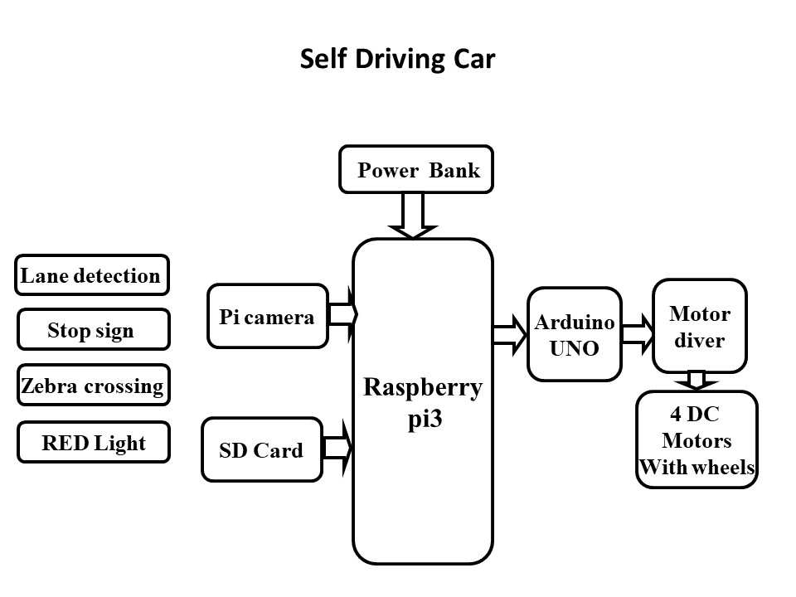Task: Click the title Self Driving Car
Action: click(397, 60)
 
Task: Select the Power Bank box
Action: click(416, 170)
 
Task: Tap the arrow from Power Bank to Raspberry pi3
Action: click(412, 216)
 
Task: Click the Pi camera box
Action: click(268, 317)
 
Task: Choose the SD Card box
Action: click(261, 450)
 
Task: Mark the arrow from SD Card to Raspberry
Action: click(337, 449)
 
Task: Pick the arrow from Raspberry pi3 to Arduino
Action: click(509, 335)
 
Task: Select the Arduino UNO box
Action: click(574, 335)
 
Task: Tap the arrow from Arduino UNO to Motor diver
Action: click(637, 334)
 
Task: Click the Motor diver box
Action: click(700, 327)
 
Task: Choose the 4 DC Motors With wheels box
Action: click(696, 440)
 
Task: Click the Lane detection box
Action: click(91, 275)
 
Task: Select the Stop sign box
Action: click(92, 331)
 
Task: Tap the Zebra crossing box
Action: click(93, 386)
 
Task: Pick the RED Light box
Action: click(93, 443)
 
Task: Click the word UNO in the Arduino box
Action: click(574, 348)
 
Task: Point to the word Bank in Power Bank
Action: click(454, 171)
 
